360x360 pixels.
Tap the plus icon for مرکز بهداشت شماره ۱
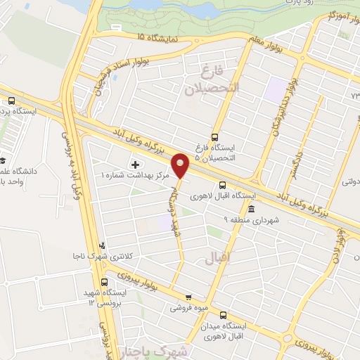[x=135, y=164]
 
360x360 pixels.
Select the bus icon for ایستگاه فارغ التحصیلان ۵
[x=215, y=137]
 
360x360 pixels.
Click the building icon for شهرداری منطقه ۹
[x=251, y=208]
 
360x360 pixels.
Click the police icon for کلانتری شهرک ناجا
[x=103, y=246]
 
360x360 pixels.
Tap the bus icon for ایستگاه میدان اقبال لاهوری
[x=224, y=316]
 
